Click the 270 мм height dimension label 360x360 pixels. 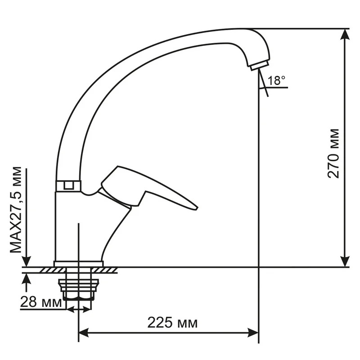point(333,153)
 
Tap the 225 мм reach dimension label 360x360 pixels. point(172,323)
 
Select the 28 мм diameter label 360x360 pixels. point(41,301)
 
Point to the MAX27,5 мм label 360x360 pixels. point(16,210)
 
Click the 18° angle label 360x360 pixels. point(276,81)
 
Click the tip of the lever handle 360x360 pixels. point(198,208)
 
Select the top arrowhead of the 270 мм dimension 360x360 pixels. point(345,35)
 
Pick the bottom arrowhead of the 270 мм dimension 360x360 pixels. point(345,261)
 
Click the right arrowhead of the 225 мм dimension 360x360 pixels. point(253,333)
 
